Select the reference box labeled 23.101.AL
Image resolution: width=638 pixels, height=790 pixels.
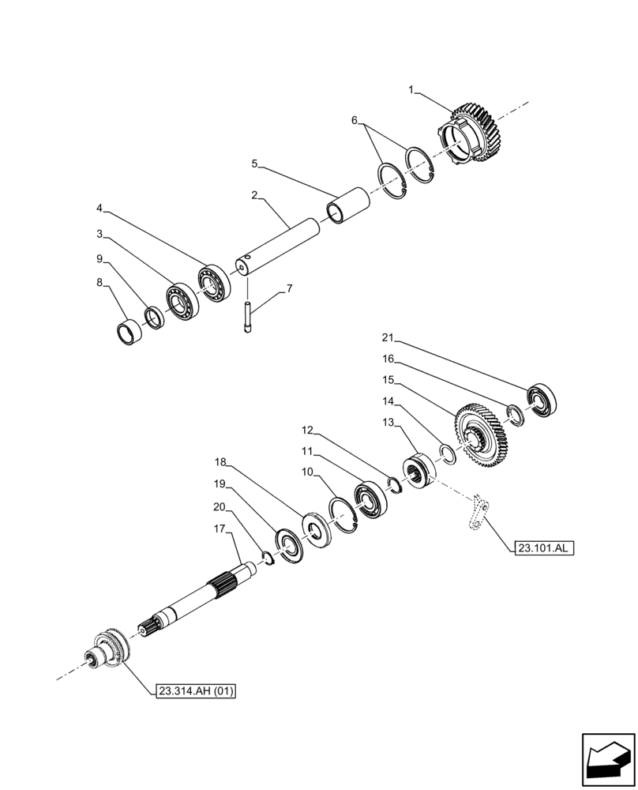pyautogui.click(x=543, y=547)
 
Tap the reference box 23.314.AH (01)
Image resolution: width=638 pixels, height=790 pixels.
pyautogui.click(x=194, y=691)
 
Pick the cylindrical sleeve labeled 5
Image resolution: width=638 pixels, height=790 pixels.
pyautogui.click(x=348, y=205)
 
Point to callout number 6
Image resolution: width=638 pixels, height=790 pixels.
pyautogui.click(x=355, y=120)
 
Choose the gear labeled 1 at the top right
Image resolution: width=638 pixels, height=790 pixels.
pyautogui.click(x=474, y=136)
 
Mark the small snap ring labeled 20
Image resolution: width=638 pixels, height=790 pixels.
pyautogui.click(x=266, y=560)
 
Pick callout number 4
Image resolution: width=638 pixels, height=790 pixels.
pyautogui.click(x=99, y=209)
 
